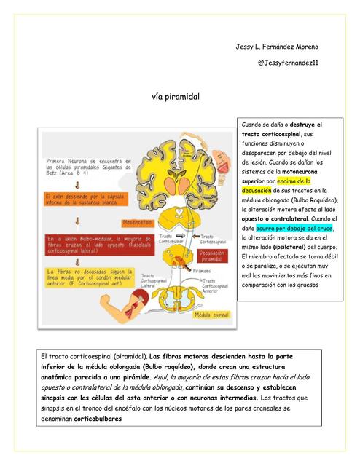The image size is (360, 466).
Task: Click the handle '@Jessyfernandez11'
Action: point(288,63)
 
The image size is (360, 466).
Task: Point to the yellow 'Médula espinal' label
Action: point(211,315)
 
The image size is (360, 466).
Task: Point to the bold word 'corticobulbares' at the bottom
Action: point(98,419)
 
